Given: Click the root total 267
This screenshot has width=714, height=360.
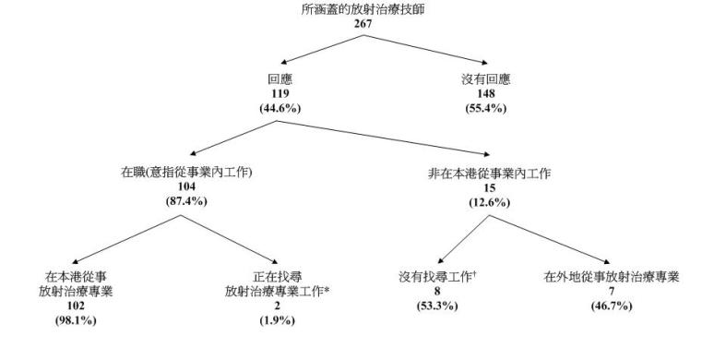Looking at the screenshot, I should tap(356, 23).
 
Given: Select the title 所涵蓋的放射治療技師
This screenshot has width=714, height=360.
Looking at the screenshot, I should tap(356, 9).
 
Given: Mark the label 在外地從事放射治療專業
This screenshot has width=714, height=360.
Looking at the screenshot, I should tap(610, 277).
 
